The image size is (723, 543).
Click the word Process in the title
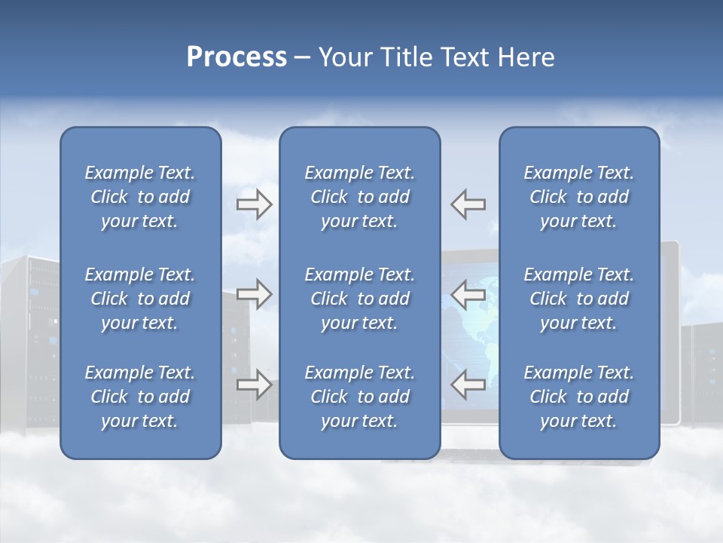click(236, 57)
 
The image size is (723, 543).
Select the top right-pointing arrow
click(254, 204)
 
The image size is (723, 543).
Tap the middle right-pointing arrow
click(254, 294)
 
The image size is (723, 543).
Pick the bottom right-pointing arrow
click(254, 385)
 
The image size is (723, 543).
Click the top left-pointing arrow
click(468, 204)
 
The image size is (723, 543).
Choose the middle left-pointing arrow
click(468, 294)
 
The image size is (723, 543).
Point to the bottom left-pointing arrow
click(468, 385)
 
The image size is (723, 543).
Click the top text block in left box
click(140, 197)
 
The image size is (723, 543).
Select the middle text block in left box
click(140, 299)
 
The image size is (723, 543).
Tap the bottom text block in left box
click(140, 397)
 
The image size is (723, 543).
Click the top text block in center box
click(359, 197)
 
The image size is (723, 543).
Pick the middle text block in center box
click(359, 299)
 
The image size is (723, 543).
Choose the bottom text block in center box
click(359, 397)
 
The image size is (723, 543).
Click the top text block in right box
click(578, 197)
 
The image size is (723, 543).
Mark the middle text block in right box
click(578, 299)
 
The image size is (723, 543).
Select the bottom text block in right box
click(578, 397)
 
